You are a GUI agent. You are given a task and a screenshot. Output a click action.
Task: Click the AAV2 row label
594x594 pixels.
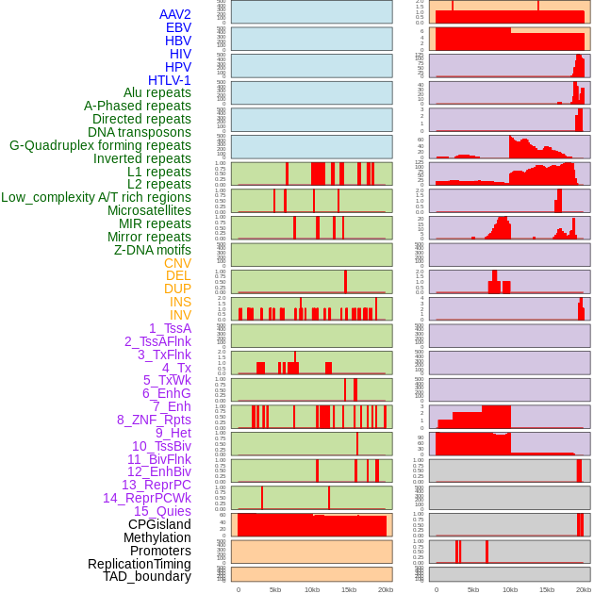(174, 14)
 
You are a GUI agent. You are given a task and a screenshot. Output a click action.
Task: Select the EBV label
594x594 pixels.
(178, 27)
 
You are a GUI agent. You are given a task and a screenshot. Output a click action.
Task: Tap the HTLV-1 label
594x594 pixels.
(170, 80)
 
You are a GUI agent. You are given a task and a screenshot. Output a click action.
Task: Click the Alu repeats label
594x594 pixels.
(157, 92)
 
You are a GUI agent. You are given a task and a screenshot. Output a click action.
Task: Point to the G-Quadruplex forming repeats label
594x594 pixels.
(100, 145)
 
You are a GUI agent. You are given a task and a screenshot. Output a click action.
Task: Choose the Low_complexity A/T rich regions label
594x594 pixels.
(96, 197)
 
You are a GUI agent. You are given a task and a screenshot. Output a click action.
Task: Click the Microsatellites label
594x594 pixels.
(149, 210)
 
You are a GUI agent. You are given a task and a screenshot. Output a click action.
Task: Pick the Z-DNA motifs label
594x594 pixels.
(153, 250)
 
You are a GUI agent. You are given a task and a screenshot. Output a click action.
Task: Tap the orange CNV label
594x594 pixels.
(177, 263)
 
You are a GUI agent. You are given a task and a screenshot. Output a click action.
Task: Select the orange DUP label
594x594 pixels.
(177, 289)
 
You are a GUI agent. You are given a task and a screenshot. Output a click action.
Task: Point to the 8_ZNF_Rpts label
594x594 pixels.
(154, 420)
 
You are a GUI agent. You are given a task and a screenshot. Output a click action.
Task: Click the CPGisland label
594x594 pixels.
(159, 524)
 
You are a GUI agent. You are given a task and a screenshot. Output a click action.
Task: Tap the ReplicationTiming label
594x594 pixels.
(140, 564)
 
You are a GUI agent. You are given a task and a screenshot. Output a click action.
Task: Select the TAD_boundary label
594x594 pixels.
(147, 576)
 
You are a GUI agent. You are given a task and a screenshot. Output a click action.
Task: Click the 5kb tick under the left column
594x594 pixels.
(275, 589)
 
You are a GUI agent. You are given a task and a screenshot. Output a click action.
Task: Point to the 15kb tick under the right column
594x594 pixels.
(546, 589)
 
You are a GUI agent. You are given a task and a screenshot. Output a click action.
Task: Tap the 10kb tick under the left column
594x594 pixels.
(312, 589)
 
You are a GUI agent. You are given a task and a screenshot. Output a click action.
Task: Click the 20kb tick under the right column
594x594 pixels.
(583, 589)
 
